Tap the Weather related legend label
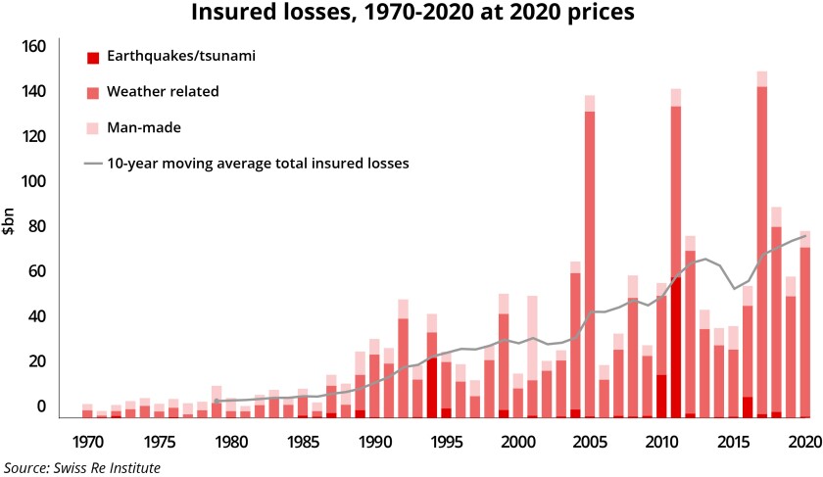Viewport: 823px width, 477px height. (164, 91)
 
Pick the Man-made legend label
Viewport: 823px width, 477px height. (147, 127)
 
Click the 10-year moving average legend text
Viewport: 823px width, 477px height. (258, 163)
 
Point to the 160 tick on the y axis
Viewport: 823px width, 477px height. (34, 47)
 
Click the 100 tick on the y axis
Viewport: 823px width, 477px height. (34, 182)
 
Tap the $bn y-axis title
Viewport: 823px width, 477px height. (10, 226)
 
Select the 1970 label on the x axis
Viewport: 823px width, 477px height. (87, 441)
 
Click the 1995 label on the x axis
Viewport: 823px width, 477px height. (446, 441)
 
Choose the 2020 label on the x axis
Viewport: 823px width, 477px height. (803, 441)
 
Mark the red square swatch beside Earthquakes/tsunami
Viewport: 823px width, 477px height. (93, 57)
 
